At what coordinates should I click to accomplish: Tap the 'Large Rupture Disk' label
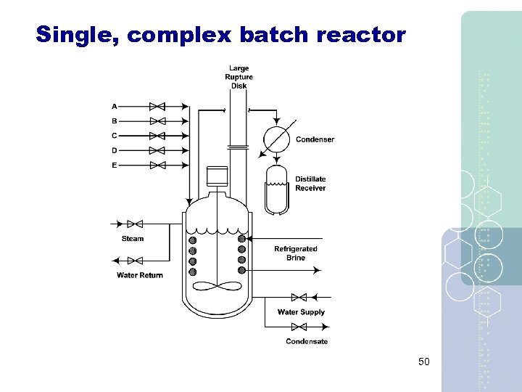[x=239, y=77]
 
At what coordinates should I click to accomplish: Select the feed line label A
[x=115, y=107]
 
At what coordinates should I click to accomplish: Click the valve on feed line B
[x=157, y=121]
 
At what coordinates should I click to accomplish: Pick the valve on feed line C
[x=157, y=136]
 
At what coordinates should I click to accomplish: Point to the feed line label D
[x=115, y=150]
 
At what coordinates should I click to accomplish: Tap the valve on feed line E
[x=157, y=166]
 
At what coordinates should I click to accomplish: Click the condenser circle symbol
[x=276, y=138]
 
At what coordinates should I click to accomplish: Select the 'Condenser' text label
[x=315, y=139]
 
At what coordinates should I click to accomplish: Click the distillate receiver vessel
[x=276, y=189]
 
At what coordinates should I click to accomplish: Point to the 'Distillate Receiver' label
[x=310, y=184]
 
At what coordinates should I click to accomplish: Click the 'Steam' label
[x=133, y=239]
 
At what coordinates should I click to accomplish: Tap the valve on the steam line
[x=134, y=224]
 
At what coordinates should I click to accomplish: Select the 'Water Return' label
[x=140, y=275]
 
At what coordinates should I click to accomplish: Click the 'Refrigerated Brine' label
[x=295, y=253]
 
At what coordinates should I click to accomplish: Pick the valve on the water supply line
[x=298, y=297]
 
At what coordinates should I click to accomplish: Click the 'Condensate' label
[x=307, y=341]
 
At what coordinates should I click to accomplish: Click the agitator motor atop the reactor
[x=217, y=176]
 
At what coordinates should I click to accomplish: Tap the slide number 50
[x=424, y=361]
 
